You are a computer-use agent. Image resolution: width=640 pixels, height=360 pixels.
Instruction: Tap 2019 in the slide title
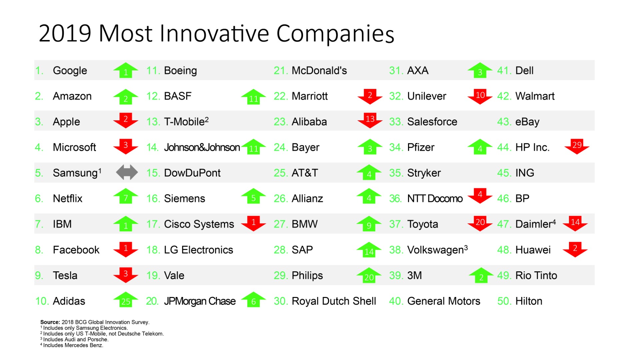tap(65, 33)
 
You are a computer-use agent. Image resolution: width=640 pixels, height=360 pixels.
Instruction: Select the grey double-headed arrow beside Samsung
tap(127, 172)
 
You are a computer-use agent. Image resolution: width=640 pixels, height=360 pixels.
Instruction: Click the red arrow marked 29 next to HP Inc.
tap(577, 146)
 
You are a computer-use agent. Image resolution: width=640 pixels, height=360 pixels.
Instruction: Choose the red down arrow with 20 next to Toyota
tap(480, 223)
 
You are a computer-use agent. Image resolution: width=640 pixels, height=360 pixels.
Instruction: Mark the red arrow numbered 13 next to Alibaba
tap(370, 120)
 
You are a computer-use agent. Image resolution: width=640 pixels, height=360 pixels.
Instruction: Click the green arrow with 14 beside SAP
tap(369, 250)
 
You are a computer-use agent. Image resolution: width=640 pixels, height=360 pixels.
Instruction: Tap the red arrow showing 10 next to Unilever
tap(480, 96)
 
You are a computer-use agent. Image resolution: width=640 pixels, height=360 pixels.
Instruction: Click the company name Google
tap(70, 71)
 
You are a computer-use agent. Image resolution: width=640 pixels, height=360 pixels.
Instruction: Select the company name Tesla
tap(65, 275)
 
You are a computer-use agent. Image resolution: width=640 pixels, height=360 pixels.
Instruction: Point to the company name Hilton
tap(529, 301)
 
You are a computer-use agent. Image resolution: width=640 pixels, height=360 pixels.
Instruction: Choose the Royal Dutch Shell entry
tap(334, 301)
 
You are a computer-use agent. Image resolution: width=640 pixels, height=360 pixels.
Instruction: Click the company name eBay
tap(527, 122)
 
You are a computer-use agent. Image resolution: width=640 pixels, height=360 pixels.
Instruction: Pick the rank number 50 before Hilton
tap(504, 301)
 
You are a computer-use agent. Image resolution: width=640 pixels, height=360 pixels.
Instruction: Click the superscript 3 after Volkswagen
tap(466, 248)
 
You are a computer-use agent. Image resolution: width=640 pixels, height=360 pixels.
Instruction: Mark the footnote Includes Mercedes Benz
tap(73, 345)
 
